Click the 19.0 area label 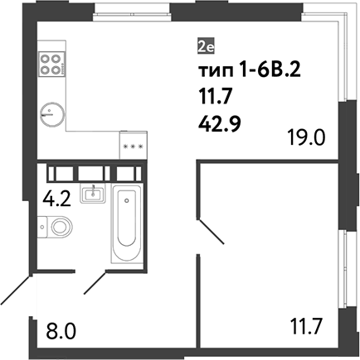[306, 137]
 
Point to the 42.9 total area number [220, 124]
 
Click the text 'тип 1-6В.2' [250, 72]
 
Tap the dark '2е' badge [206, 46]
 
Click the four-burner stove [51, 64]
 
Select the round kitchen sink [52, 114]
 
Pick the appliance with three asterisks [134, 146]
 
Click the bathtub [127, 223]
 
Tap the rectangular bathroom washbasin [93, 194]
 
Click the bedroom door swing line [212, 232]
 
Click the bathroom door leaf [95, 282]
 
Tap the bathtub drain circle [127, 200]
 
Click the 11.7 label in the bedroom [305, 326]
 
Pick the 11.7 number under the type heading [214, 98]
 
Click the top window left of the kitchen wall [132, 9]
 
